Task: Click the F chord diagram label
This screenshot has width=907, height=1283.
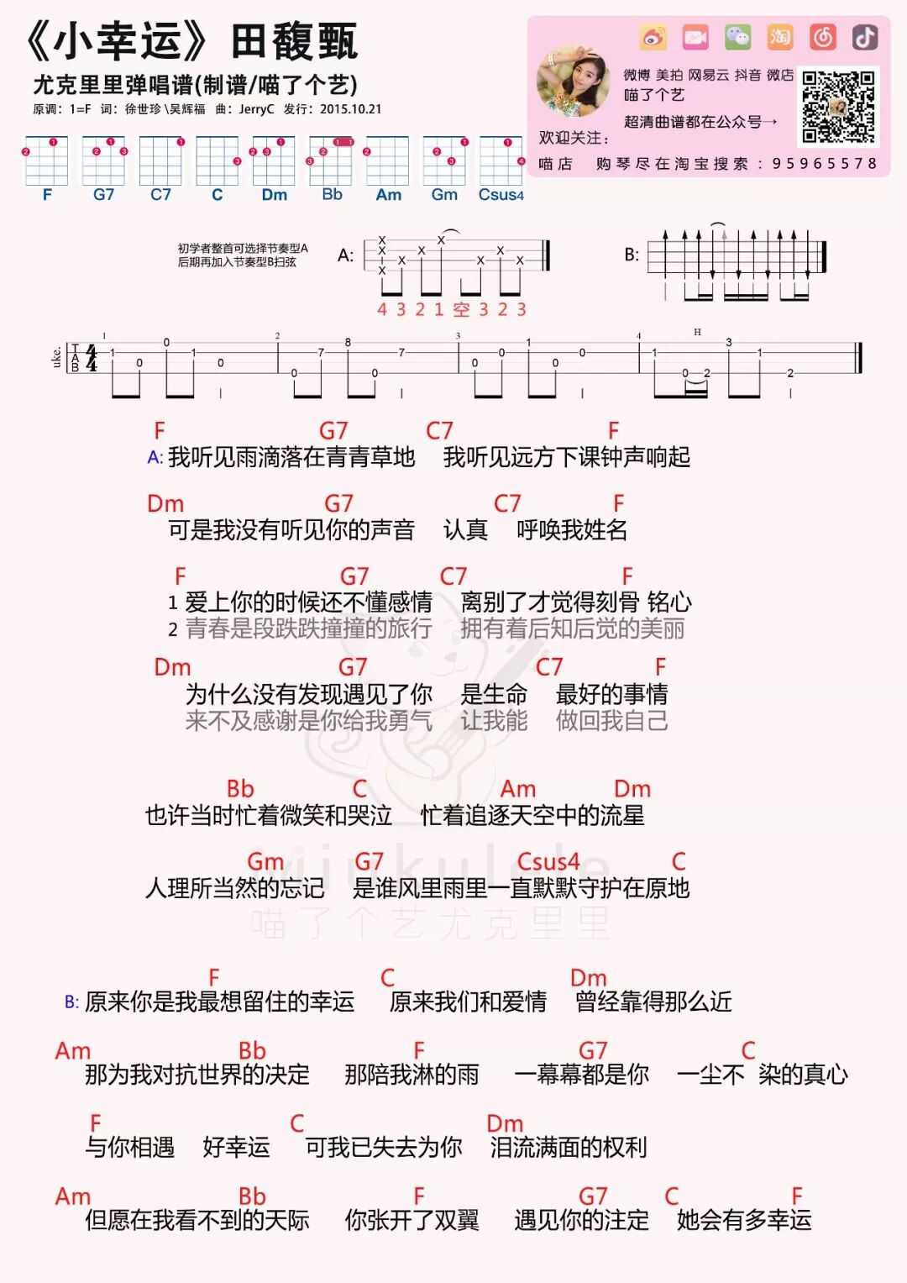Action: tap(47, 195)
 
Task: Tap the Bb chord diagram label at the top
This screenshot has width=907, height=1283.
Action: tap(332, 194)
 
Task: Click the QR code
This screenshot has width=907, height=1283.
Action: tap(838, 107)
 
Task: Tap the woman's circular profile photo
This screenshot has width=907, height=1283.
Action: tap(574, 82)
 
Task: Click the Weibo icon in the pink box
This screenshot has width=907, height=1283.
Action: tap(653, 37)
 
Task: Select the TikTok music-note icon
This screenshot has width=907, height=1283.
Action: tap(865, 37)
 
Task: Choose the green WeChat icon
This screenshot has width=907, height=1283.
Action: tap(737, 37)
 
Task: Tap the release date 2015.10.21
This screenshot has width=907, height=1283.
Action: tap(350, 109)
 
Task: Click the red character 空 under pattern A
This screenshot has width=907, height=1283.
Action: tap(461, 310)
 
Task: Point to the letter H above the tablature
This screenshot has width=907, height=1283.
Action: tap(697, 333)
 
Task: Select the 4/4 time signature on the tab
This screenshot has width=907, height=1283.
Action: tap(91, 358)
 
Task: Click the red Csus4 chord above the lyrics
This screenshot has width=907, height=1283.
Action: tap(548, 861)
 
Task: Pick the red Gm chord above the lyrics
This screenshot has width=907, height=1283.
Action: tap(265, 861)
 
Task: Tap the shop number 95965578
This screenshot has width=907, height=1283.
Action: tap(825, 164)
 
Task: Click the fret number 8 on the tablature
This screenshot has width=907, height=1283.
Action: tap(348, 343)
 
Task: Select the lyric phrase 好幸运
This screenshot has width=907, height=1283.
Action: tap(236, 1147)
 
